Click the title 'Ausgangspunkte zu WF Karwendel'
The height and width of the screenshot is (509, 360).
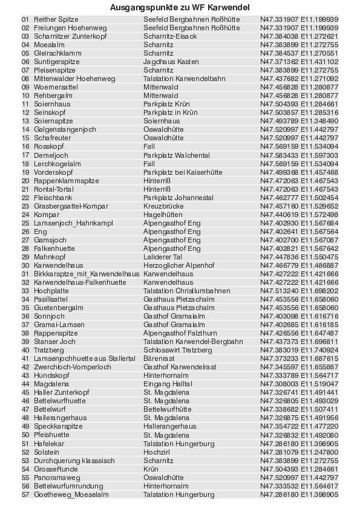180,7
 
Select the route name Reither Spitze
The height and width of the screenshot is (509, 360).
51,19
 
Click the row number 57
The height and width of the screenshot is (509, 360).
25,494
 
